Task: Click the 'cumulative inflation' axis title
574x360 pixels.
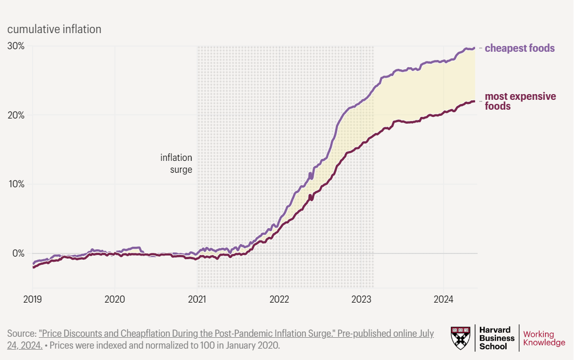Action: (x=54, y=29)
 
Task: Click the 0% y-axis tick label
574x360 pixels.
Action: (x=18, y=253)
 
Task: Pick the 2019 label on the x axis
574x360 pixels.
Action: (x=33, y=299)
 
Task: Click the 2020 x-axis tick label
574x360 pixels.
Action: (x=114, y=299)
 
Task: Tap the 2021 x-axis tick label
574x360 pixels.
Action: (x=197, y=299)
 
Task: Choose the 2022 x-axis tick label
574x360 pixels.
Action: (x=279, y=299)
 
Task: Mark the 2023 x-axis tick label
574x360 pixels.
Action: (x=361, y=299)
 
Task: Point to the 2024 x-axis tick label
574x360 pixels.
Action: (x=444, y=299)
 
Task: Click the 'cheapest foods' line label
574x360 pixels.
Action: (x=520, y=48)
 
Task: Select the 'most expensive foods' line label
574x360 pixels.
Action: (x=520, y=101)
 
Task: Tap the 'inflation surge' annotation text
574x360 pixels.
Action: (x=176, y=163)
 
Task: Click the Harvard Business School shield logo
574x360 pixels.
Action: (x=461, y=337)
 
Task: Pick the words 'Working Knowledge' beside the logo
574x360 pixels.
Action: (x=544, y=338)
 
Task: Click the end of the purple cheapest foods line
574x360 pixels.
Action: (x=474, y=48)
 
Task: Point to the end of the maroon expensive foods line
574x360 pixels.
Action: (x=474, y=101)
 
